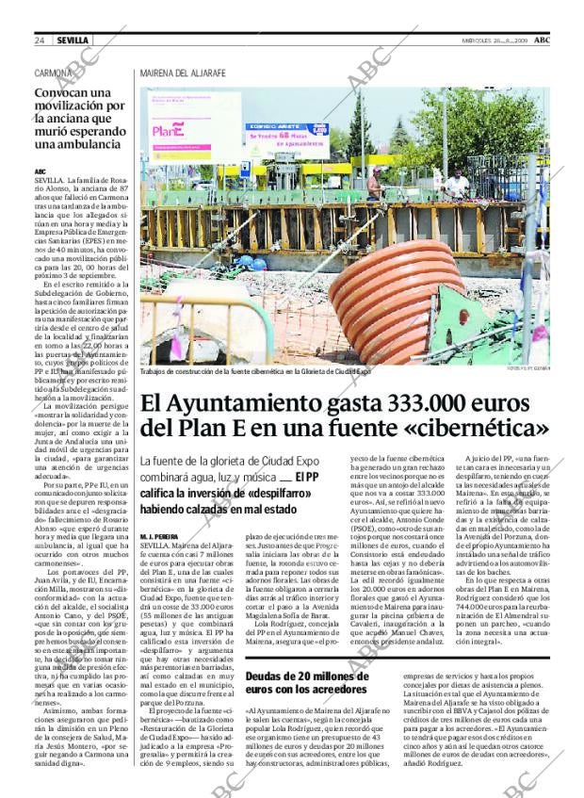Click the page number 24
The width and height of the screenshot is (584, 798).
point(40,41)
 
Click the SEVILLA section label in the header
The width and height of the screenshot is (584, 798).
point(73,41)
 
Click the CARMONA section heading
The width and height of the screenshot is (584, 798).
point(53,73)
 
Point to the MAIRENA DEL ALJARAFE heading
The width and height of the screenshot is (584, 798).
point(183,73)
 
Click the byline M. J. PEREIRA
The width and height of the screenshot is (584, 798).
point(159,535)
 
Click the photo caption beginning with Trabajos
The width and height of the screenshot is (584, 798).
point(254,371)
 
